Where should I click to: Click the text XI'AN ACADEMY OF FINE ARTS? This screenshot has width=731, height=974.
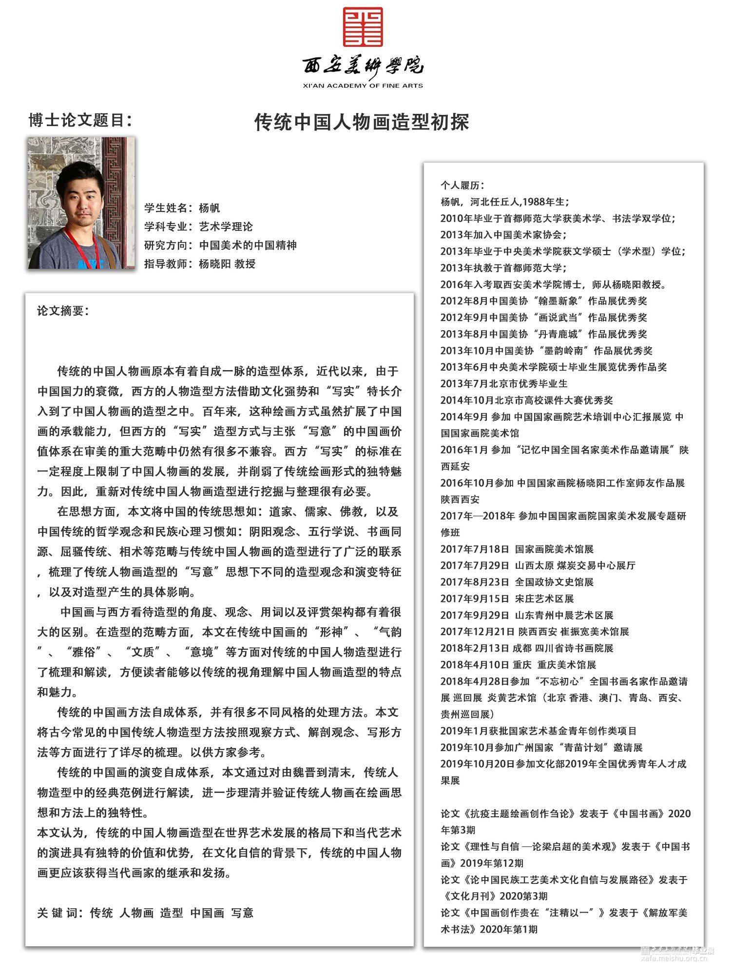click(x=363, y=86)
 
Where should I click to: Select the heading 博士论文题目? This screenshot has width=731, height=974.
click(x=80, y=120)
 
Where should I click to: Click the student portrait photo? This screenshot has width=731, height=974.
click(x=81, y=203)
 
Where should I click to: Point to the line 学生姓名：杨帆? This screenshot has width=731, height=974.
click(x=182, y=208)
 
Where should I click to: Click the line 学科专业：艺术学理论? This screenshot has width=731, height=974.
click(x=198, y=226)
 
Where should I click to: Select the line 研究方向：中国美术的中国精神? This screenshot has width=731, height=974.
click(x=220, y=245)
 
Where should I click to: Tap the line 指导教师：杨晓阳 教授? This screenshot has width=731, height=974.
click(x=200, y=264)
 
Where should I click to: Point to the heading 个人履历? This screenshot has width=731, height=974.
click(x=462, y=185)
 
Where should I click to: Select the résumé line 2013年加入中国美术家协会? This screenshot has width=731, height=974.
click(x=503, y=235)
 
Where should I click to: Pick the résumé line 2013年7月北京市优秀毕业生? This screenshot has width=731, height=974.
click(x=504, y=384)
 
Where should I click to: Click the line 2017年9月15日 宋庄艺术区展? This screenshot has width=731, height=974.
click(x=507, y=599)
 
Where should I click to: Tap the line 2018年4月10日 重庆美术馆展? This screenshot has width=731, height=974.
click(x=518, y=665)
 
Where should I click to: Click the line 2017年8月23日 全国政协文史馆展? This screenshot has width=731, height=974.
click(x=517, y=582)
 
